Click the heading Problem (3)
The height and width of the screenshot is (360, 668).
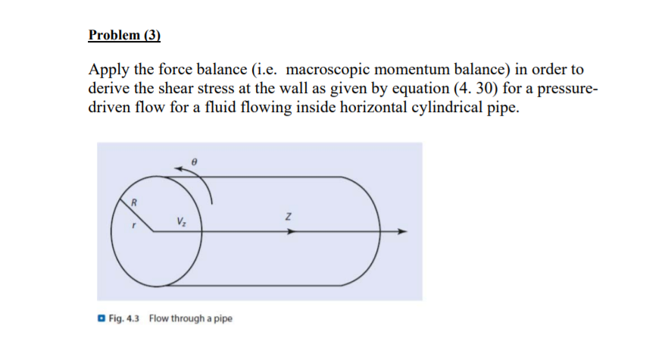coord(124,35)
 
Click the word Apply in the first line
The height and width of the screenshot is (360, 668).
coord(107,70)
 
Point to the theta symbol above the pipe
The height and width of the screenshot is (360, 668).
coord(195,162)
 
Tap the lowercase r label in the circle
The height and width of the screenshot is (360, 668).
coord(135,224)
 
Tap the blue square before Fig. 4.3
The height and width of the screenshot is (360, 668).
coord(101,318)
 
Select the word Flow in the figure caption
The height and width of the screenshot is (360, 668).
coord(159,318)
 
